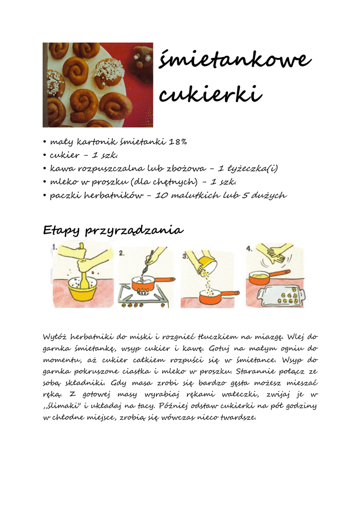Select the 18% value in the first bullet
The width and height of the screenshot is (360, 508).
[178, 142]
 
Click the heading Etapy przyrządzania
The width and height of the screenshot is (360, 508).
[113, 230]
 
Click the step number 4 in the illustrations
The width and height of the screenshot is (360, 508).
[250, 248]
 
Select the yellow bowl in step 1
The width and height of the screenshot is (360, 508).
[82, 290]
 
